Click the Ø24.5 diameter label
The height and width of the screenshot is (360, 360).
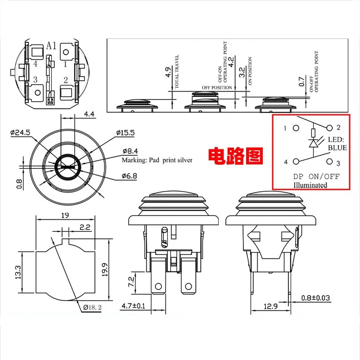(x=20, y=133)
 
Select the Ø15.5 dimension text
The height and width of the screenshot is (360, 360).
(x=126, y=133)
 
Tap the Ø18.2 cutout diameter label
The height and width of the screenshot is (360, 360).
(x=92, y=307)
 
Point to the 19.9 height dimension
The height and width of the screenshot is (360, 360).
(x=105, y=270)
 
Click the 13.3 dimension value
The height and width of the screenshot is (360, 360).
(x=18, y=272)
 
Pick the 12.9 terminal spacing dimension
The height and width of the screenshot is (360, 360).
(x=270, y=306)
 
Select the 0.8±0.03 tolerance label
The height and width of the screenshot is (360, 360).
(x=315, y=298)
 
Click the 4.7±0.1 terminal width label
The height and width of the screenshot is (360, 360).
(x=133, y=306)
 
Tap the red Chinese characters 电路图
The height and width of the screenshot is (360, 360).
(x=235, y=156)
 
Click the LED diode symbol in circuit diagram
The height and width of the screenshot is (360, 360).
(x=313, y=143)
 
